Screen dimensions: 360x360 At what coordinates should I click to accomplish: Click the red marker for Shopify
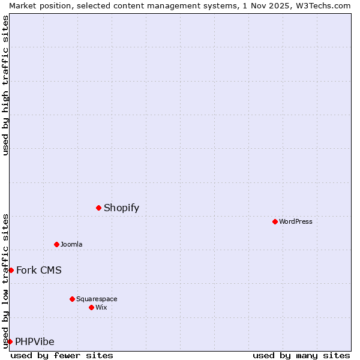pos(98,208)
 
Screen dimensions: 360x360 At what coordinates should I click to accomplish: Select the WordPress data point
pos(275,221)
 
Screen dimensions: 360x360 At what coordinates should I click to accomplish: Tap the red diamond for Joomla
pos(56,244)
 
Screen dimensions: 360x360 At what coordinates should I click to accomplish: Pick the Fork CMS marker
pos(11,270)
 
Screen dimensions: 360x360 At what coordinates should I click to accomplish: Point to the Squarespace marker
pos(72,299)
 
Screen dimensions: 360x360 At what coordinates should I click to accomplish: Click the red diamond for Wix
pos(91,307)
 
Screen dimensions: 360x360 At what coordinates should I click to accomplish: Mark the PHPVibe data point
pos(10,341)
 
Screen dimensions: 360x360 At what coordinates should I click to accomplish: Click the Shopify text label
pos(121,208)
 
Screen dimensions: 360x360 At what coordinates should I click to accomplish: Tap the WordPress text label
pos(295,221)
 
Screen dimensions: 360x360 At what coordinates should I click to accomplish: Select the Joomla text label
pos(71,244)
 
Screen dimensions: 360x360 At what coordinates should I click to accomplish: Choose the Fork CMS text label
pos(38,270)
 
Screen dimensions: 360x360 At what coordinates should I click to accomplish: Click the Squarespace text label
pos(97,299)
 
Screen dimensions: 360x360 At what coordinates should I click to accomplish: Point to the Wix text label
pos(101,307)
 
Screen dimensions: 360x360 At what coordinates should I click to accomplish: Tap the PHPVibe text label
pos(34,342)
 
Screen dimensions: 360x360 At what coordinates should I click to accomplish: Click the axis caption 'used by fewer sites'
pos(62,355)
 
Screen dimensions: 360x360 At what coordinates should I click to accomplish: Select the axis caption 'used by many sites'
pos(301,355)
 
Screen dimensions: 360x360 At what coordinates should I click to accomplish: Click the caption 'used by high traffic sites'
pos(5,85)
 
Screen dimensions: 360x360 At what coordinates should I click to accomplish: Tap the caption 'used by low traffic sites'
pos(5,281)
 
